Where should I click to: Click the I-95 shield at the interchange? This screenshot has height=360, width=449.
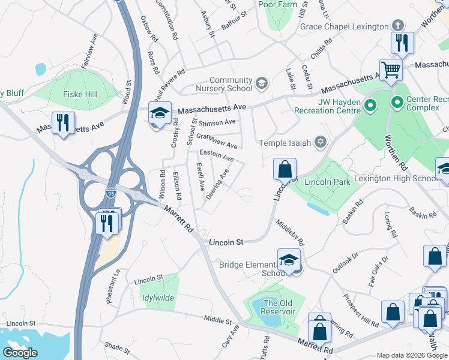(x=110, y=193)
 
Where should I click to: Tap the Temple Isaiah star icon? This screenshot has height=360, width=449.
(x=321, y=142)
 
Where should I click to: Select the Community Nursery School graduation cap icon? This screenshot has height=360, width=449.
(x=261, y=83)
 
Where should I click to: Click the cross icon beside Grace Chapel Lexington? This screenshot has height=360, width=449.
(x=397, y=26)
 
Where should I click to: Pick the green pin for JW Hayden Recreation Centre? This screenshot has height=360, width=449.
(x=370, y=107)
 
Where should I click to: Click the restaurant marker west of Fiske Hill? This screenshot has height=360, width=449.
(x=62, y=123)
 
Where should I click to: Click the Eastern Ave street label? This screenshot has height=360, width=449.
(x=216, y=156)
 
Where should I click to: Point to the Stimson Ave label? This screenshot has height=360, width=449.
(x=217, y=122)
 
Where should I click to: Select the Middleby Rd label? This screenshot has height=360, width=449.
(x=291, y=232)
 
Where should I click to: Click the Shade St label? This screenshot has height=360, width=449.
(x=116, y=347)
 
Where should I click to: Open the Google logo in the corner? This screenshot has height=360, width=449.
(x=20, y=353)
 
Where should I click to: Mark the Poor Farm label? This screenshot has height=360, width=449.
(x=278, y=4)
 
